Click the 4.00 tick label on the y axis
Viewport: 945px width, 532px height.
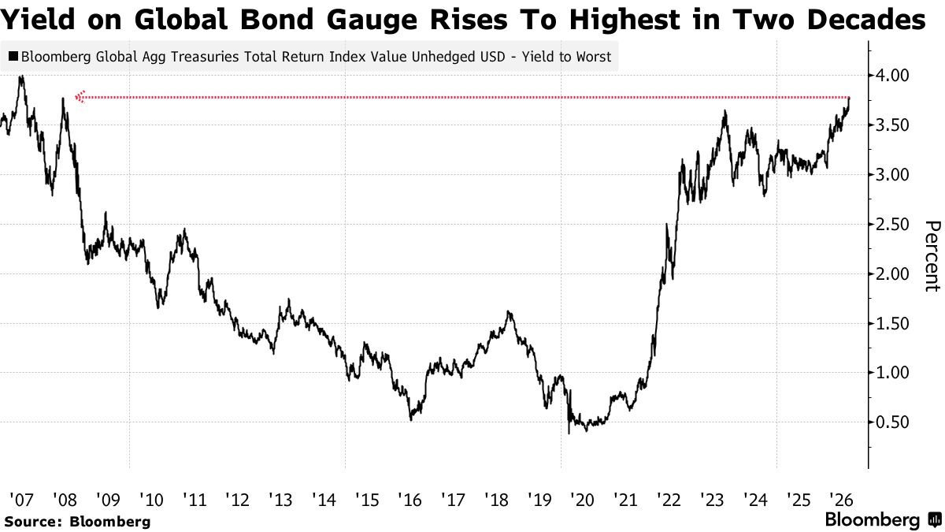tap(892, 76)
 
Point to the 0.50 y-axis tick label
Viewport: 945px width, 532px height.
tap(892, 422)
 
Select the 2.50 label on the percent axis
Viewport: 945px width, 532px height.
tap(892, 225)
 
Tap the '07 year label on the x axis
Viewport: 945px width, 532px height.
tap(21, 500)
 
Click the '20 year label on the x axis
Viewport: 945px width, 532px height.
tap(582, 500)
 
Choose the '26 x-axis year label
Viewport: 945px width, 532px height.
tap(841, 500)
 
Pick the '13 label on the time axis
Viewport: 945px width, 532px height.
tap(280, 500)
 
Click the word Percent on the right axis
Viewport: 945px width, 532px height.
tap(932, 256)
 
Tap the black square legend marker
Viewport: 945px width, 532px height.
tap(13, 56)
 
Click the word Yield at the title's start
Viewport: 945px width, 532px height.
tap(38, 20)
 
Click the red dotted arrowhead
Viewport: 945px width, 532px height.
tap(80, 97)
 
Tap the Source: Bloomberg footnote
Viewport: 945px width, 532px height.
tap(77, 522)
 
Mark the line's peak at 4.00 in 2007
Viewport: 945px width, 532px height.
tap(21, 76)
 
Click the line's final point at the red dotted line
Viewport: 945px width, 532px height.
tap(849, 98)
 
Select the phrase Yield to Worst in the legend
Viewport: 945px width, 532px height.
tap(566, 57)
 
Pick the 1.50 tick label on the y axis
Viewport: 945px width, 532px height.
tap(892, 324)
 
